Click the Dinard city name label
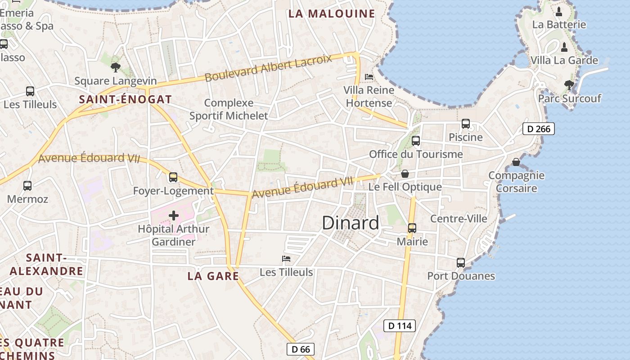point(351,223)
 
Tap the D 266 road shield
point(538,129)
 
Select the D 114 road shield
point(399,326)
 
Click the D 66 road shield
point(300,349)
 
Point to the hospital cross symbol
point(174,216)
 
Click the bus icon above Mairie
point(412,228)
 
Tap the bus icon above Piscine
point(466,124)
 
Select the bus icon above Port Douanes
point(461,263)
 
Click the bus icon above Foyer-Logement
point(173,177)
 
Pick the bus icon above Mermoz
point(27,185)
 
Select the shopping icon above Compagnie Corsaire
point(516,162)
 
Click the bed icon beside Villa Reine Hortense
point(369,77)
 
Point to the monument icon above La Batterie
point(559,12)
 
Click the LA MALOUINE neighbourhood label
point(332,13)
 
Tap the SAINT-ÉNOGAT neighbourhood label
point(126,99)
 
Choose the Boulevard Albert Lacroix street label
point(268,68)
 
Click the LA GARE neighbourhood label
point(213,276)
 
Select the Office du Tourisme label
point(416,154)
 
